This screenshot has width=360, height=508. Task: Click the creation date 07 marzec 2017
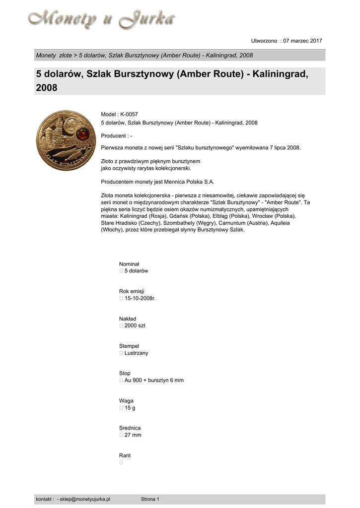[303, 41]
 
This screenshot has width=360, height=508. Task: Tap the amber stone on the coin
[83, 132]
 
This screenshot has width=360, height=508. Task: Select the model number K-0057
[129, 115]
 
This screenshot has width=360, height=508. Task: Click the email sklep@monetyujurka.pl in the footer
[85, 499]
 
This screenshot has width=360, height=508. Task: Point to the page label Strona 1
[150, 499]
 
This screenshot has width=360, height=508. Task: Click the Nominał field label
[129, 264]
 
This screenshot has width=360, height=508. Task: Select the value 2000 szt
[135, 325]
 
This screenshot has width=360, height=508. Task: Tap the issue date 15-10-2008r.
[141, 298]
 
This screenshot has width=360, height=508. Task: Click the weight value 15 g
[130, 407]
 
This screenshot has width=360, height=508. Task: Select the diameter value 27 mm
[133, 435]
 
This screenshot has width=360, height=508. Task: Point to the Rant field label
[125, 455]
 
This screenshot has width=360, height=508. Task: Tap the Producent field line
[116, 135]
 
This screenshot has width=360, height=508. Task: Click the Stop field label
[125, 373]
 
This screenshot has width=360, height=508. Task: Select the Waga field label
[126, 400]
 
